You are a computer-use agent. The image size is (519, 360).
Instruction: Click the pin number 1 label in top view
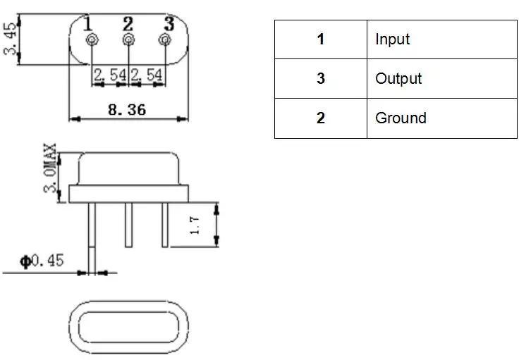tap(88, 23)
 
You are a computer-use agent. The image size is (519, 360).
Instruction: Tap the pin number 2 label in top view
tap(128, 23)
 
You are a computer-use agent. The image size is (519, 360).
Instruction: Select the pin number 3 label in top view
tap(167, 23)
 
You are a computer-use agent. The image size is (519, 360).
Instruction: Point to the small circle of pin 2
tap(128, 40)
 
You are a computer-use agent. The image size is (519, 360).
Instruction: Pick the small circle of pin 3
tap(164, 40)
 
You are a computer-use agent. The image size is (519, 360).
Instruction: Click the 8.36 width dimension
tap(128, 110)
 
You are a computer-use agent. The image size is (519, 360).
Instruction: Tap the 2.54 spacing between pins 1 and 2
tap(107, 74)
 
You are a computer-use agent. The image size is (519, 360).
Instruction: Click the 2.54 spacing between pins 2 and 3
tap(147, 74)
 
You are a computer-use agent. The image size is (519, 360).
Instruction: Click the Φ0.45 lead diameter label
tap(42, 261)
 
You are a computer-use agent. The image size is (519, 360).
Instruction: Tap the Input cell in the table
tap(441, 39)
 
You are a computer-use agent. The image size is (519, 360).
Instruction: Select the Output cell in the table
tap(441, 79)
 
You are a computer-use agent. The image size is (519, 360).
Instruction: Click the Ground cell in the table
tap(441, 118)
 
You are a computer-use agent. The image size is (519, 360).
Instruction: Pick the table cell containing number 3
tap(321, 79)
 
